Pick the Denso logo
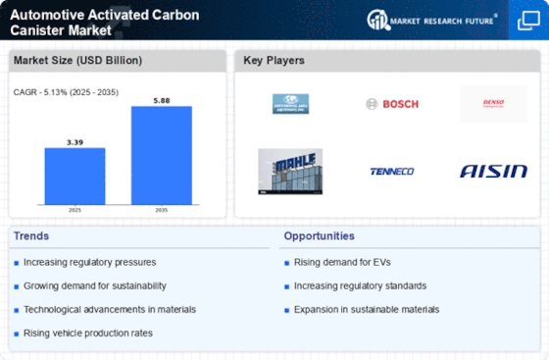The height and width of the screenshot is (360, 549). [x=492, y=104]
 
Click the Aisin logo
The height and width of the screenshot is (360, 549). [x=492, y=171]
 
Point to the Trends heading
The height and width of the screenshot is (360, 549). [x=32, y=236]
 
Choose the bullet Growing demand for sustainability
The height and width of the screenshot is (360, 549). [x=95, y=285]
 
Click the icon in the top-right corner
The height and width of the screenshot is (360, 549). [x=526, y=21]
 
